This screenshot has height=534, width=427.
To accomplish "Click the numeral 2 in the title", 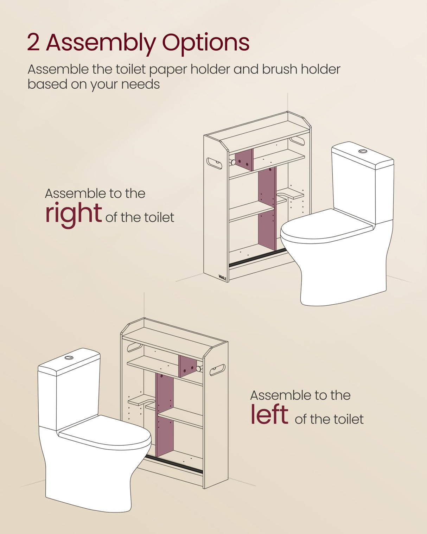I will tap(33, 42).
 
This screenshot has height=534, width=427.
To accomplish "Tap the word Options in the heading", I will tap(205, 43).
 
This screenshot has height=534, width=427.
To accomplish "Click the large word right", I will tap(73, 213).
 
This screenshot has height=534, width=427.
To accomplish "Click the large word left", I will tap(269, 414).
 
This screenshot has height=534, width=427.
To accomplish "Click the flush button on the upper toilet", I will tap(363, 151).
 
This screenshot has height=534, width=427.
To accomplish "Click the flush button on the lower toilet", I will tap(69, 357).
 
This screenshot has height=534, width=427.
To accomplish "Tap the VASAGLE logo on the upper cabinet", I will tap(222, 277).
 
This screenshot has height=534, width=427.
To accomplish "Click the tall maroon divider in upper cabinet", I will tap(267, 208).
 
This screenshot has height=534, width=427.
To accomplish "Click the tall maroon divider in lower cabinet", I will tap(165, 415).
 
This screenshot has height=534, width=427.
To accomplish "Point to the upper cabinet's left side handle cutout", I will tap(214, 163).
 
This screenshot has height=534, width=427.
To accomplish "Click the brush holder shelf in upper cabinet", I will tap(290, 193).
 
